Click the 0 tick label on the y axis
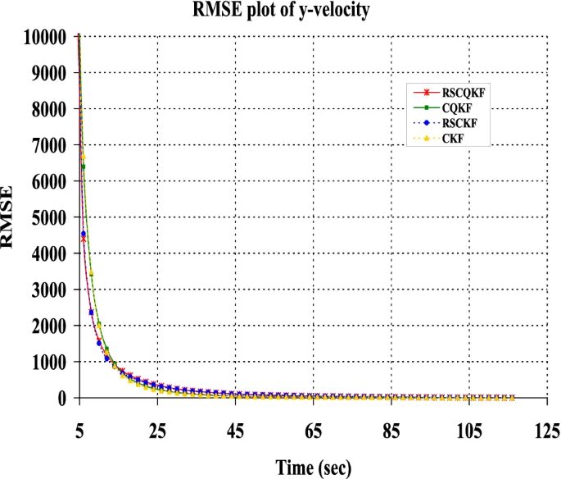[x=60, y=398]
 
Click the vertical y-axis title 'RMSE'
[x=11, y=217]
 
